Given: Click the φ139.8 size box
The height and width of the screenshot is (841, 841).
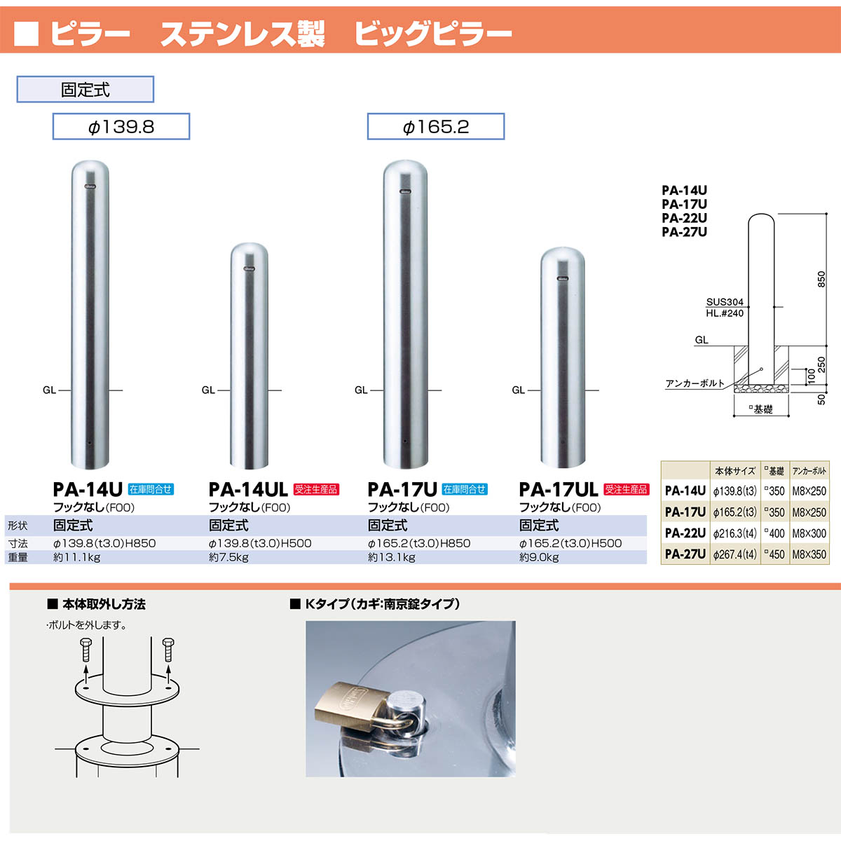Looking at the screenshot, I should pyautogui.click(x=121, y=127).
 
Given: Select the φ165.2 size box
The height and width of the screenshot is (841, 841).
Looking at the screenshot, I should pyautogui.click(x=435, y=127).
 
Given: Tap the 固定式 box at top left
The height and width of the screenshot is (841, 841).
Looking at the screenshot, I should pyautogui.click(x=85, y=90).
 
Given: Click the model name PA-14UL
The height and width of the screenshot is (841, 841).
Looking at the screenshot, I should pyautogui.click(x=248, y=489).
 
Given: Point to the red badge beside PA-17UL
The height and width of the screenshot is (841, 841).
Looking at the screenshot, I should pyautogui.click(x=627, y=489).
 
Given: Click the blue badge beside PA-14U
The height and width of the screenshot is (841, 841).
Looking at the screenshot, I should pyautogui.click(x=151, y=489).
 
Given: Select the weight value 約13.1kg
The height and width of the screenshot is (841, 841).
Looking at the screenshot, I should pyautogui.click(x=391, y=558).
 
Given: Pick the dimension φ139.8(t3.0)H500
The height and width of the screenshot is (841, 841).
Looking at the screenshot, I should pyautogui.click(x=259, y=543).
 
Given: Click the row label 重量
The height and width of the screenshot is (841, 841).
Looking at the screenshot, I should pyautogui.click(x=18, y=558).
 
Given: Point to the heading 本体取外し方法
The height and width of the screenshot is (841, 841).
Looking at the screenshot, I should pyautogui.click(x=103, y=604).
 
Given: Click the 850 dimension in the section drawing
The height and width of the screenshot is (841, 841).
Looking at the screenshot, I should pyautogui.click(x=821, y=279).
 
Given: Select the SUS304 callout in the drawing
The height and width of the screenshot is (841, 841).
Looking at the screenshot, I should pyautogui.click(x=725, y=302).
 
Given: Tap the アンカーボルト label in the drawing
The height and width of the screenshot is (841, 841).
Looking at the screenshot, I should pyautogui.click(x=695, y=383).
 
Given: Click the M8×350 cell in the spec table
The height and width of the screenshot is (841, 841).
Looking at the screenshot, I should pyautogui.click(x=809, y=554).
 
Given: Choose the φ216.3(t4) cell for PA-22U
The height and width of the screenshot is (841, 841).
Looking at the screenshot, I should pyautogui.click(x=734, y=533).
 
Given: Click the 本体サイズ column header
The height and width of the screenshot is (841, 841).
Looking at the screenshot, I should pyautogui.click(x=734, y=471).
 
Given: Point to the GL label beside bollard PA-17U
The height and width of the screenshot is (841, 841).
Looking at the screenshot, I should pyautogui.click(x=361, y=390).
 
